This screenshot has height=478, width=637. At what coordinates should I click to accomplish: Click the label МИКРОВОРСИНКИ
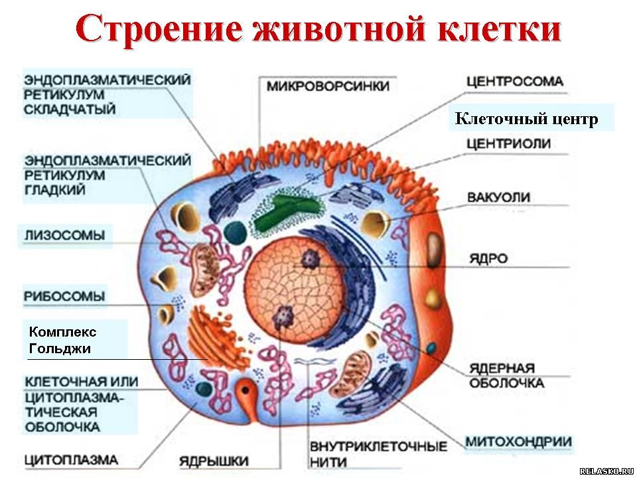click(328, 86)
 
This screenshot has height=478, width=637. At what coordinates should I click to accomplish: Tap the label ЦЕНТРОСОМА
click(515, 81)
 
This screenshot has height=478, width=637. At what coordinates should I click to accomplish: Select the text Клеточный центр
click(526, 119)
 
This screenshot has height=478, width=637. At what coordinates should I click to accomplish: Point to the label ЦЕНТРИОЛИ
click(508, 143)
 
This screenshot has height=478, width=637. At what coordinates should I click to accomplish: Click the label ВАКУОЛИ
click(498, 197)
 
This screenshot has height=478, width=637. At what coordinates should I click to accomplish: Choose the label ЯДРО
click(489, 258)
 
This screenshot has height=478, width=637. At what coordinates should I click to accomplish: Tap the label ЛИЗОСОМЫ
click(65, 235)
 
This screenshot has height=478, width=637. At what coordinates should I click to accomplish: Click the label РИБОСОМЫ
click(64, 296)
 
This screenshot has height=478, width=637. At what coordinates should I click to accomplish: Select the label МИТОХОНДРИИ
click(518, 441)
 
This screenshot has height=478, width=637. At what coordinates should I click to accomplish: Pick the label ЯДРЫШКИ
click(214, 461)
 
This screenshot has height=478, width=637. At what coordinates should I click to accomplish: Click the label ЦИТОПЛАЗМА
click(72, 459)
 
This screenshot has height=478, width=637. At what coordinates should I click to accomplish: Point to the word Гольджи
click(60, 349)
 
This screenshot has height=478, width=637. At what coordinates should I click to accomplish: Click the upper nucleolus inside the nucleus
click(310, 258)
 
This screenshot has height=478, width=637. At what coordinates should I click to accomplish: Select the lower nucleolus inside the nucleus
click(283, 317)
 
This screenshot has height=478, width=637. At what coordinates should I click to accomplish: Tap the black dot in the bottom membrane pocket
click(246, 390)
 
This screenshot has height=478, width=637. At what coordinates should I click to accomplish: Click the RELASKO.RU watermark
click(606, 471)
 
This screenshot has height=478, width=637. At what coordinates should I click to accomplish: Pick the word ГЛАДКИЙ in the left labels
click(55, 190)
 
